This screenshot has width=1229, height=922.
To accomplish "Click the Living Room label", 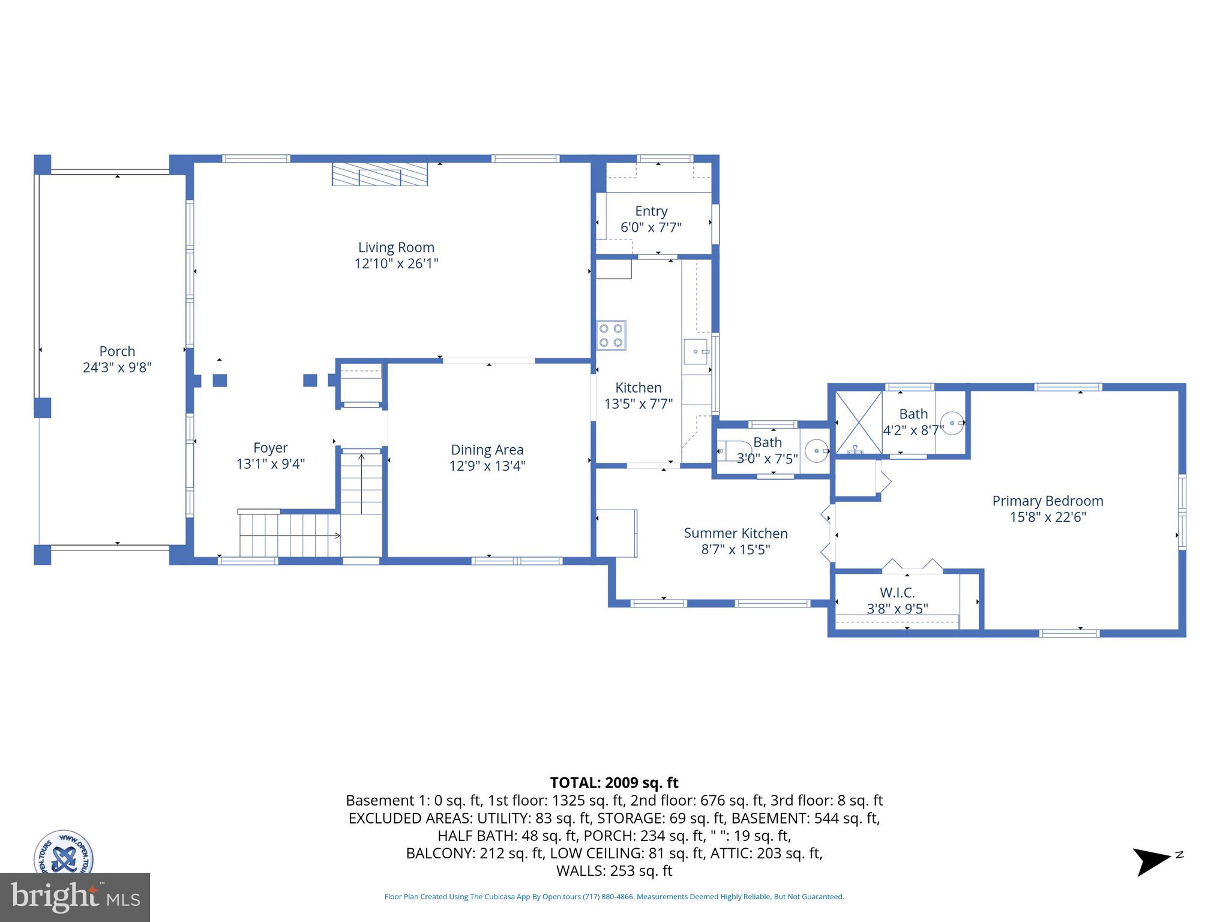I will point(396,247).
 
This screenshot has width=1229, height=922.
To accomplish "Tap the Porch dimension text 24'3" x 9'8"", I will point(117,367).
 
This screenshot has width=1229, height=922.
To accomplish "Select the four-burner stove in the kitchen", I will point(611,336).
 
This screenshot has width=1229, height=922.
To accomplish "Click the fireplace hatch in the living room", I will point(380,175).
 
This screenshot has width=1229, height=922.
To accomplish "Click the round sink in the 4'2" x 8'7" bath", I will point(952,423).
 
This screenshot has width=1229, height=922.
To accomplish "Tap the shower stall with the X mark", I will point(859,422).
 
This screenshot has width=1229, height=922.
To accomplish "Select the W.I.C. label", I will point(897,592).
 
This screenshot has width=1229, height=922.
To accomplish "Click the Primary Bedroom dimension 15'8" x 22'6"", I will point(1048,517).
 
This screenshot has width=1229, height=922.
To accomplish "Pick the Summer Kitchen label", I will point(736,533).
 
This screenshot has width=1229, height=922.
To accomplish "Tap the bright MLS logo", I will point(74,897).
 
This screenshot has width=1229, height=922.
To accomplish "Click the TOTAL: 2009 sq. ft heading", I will point(614,783).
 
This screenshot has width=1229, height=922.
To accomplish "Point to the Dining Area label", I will point(487,450).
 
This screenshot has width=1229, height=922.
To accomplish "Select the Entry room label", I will point(651,211).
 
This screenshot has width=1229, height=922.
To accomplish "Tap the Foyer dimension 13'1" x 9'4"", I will point(271,464).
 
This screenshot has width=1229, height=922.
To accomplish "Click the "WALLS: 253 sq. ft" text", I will point(614,870).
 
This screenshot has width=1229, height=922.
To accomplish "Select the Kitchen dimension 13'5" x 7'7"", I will point(638,404).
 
